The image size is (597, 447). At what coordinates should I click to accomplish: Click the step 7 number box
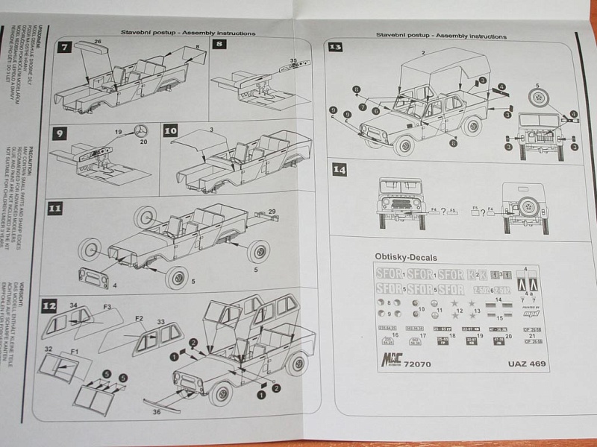(x=65, y=47)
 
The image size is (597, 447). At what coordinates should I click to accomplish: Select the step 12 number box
(x=49, y=305)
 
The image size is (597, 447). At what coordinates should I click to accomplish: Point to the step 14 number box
(x=340, y=169)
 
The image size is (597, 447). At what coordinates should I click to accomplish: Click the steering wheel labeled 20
(x=140, y=132)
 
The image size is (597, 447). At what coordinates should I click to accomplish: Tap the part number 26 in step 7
(x=98, y=42)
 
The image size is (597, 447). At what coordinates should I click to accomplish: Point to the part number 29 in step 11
(x=272, y=212)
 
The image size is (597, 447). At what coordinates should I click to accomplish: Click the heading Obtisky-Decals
(x=406, y=256)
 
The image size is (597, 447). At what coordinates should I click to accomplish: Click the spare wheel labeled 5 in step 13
(x=541, y=96)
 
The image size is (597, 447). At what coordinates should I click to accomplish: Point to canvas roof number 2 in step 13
(x=423, y=53)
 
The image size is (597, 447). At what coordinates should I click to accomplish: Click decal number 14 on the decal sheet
(x=498, y=298)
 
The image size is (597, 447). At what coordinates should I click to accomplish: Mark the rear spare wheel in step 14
(x=529, y=205)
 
